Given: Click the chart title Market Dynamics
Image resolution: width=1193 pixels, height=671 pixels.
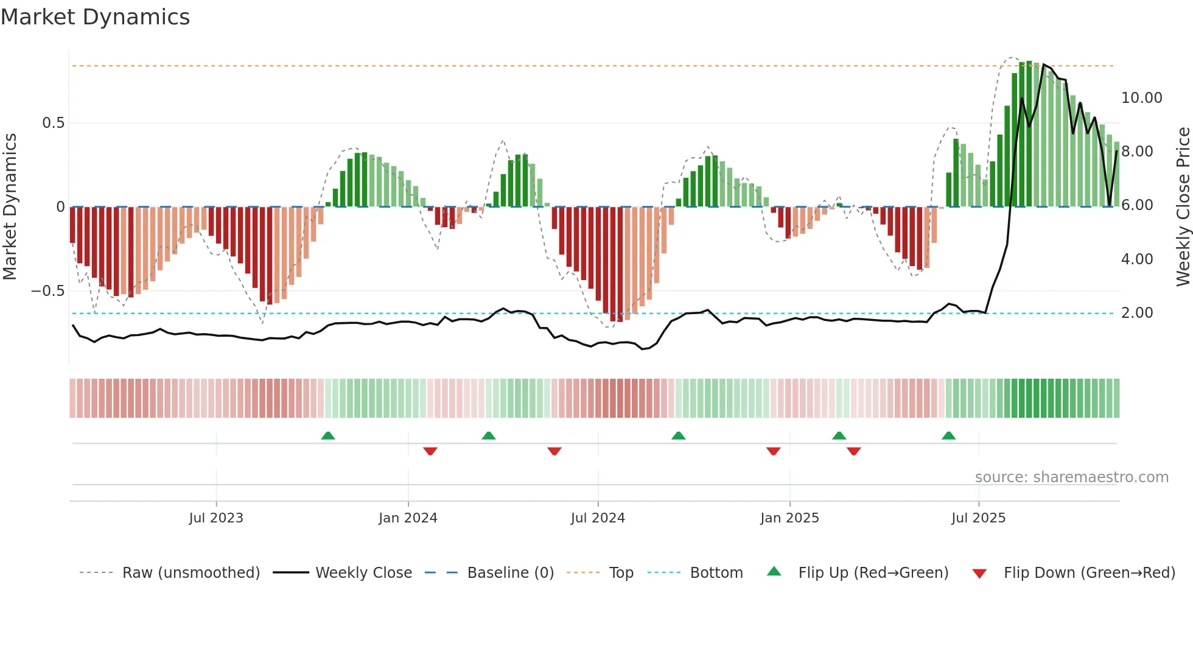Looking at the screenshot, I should (95, 17).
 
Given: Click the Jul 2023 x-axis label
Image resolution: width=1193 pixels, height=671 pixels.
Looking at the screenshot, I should (215, 518).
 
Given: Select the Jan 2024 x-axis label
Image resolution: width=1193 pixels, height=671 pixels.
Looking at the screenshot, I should (408, 518).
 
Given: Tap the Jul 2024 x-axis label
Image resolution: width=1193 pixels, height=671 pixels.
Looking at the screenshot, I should (598, 518).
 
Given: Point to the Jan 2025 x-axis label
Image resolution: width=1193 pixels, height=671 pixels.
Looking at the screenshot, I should (789, 518).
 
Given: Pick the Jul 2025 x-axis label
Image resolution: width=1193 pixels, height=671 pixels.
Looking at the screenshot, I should (978, 518).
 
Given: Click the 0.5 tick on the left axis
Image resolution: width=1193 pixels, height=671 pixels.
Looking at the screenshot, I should (53, 123).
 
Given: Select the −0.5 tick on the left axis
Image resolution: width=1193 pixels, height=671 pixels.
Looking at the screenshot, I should (48, 291).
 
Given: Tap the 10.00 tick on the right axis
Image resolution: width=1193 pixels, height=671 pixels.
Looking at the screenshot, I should (1141, 98).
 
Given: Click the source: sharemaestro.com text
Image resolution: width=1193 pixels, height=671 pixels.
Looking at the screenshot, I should (1071, 477).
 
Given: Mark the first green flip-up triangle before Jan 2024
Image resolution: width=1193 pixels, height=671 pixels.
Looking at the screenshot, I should (327, 435).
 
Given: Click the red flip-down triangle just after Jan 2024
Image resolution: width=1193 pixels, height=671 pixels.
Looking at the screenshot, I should (430, 451).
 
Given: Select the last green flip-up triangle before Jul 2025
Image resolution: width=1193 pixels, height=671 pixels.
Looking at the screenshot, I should (948, 435).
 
